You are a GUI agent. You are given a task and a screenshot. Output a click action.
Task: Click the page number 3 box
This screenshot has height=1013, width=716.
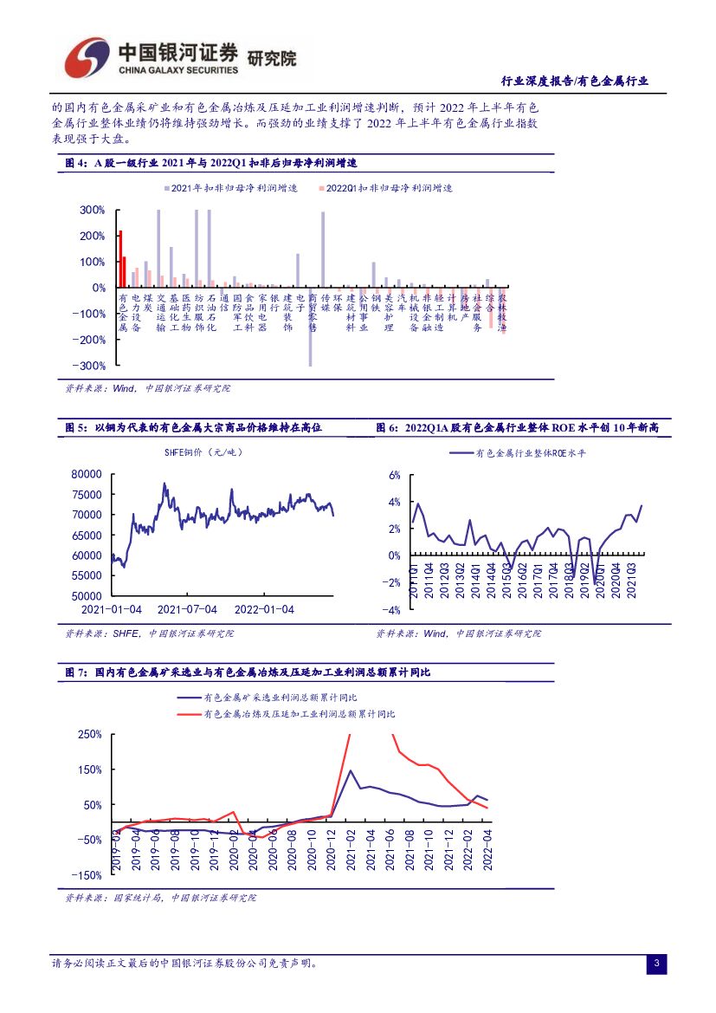[656, 964]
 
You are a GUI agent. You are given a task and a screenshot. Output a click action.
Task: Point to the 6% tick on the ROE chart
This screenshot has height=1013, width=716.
[393, 475]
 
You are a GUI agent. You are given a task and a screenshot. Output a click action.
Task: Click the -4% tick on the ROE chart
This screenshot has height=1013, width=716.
[391, 611]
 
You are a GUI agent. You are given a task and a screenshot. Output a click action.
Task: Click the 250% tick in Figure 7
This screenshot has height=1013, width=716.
[90, 734]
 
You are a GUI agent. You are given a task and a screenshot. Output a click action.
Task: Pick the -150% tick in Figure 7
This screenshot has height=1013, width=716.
[88, 876]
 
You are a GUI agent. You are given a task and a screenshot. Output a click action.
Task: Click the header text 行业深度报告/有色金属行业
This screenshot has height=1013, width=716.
[575, 81]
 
